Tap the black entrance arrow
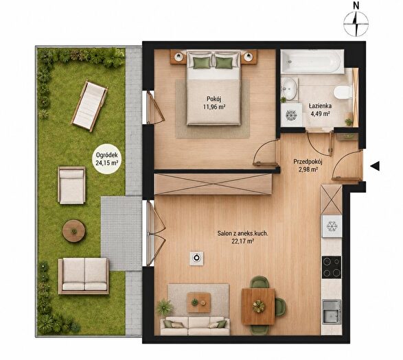click(376, 166)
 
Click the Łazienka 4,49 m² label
click(320, 110)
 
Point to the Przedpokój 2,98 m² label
click(308, 166)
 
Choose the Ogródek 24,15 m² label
click(106, 159)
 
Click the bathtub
click(312, 62)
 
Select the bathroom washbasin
click(290, 88)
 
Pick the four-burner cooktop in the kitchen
click(332, 267)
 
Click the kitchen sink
click(332, 311)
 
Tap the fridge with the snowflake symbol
click(332, 226)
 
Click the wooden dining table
click(258, 307)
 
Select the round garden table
click(74, 230)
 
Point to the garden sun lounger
click(89, 106)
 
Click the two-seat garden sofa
click(84, 276)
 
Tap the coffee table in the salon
click(198, 302)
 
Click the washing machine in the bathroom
click(291, 115)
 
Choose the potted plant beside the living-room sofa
click(165, 307)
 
